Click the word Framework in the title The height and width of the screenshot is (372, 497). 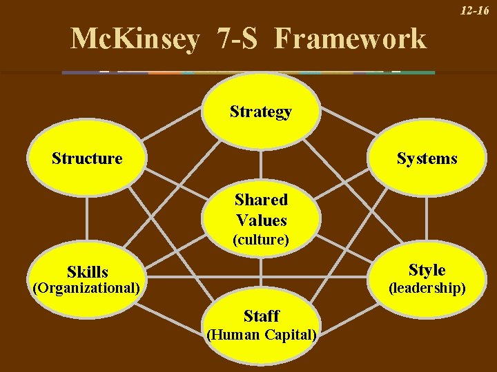pyautogui.click(x=350, y=39)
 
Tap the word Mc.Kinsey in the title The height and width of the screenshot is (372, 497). pyautogui.click(x=135, y=39)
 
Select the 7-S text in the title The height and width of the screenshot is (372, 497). pyautogui.click(x=237, y=39)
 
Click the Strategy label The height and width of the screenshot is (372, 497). pyautogui.click(x=261, y=112)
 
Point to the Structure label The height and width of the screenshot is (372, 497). pyautogui.click(x=87, y=158)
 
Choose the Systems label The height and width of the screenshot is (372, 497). pyautogui.click(x=427, y=158)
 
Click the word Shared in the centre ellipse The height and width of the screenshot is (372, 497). pyautogui.click(x=261, y=200)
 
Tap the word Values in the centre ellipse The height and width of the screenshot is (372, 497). pyautogui.click(x=261, y=220)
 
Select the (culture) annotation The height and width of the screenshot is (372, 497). pyautogui.click(x=261, y=240)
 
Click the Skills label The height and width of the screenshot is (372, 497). pyautogui.click(x=88, y=272)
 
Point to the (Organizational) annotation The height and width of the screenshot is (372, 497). pyautogui.click(x=87, y=287)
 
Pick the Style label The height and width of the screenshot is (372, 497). pyautogui.click(x=427, y=269)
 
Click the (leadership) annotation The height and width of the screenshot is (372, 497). pyautogui.click(x=427, y=287)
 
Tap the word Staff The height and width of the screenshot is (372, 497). pyautogui.click(x=261, y=316)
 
